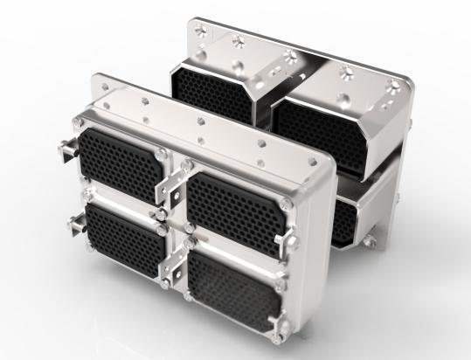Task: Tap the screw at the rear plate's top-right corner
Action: pos(396,86)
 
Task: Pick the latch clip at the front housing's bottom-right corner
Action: pos(282,328)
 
